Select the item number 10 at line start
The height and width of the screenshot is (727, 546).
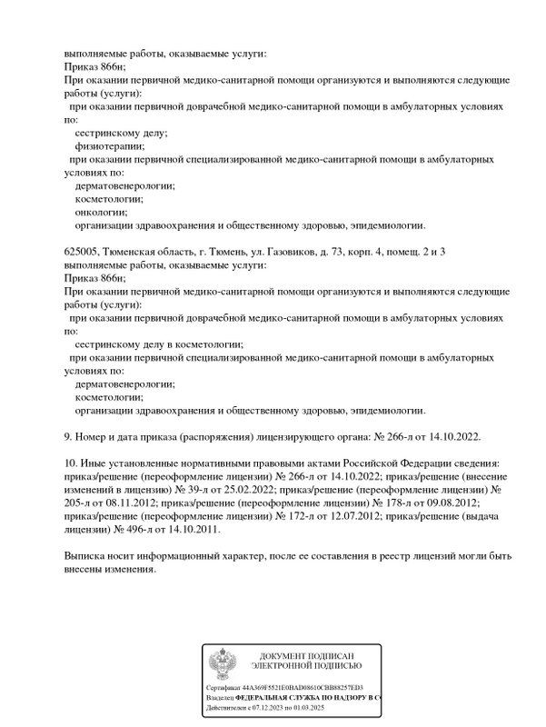(71, 463)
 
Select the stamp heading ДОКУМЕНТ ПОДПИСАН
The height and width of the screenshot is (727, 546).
(305, 655)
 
